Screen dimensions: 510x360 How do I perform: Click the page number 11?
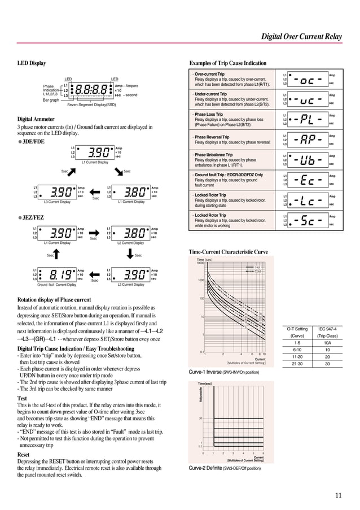(x=338, y=496)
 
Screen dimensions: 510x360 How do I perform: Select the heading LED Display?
(x=32, y=63)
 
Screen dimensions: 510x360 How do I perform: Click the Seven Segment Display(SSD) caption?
(x=91, y=105)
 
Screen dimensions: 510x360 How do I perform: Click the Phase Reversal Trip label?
(x=212, y=137)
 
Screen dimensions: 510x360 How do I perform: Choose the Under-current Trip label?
(x=211, y=94)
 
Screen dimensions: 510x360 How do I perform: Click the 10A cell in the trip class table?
(x=327, y=342)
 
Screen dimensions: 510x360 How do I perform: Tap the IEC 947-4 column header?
(x=327, y=329)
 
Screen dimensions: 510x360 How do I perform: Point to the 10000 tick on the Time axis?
(x=199, y=263)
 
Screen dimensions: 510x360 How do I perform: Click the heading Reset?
(x=24, y=454)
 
